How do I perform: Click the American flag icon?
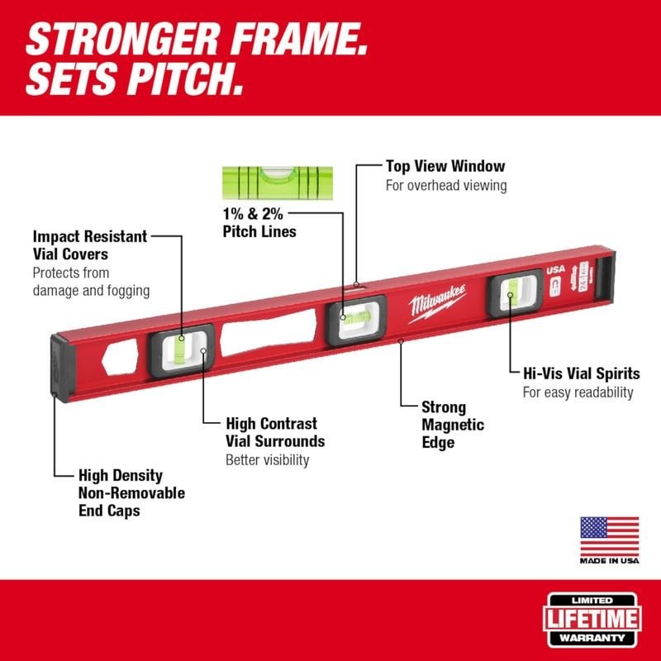(609, 536)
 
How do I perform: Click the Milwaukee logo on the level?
(436, 301)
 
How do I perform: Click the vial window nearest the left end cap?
(182, 349)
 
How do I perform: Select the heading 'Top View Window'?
(445, 167)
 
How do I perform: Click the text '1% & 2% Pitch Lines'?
(259, 224)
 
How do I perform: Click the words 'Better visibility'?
(268, 460)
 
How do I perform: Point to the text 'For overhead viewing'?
(445, 186)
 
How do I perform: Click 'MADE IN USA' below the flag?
(609, 560)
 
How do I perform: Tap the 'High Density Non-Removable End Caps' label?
(131, 493)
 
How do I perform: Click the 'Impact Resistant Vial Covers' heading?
(89, 245)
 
